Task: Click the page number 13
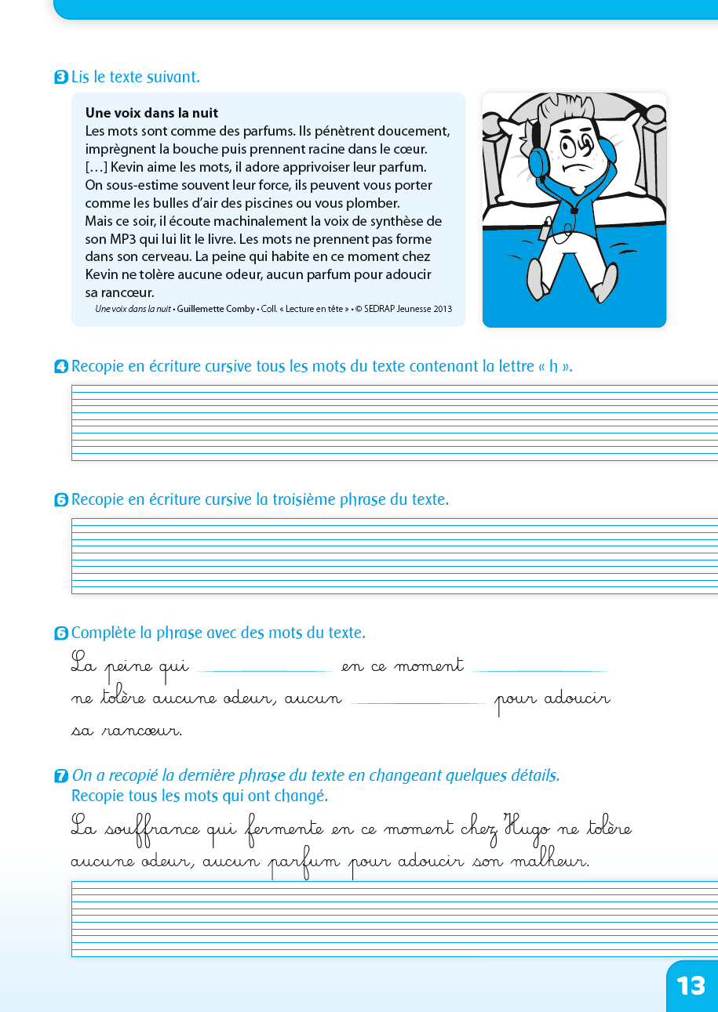(691, 985)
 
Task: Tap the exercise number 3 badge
(60, 78)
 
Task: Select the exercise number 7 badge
(60, 776)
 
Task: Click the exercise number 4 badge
(60, 367)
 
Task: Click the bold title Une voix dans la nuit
(151, 113)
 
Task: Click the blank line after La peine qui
(264, 670)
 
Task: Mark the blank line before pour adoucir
(417, 702)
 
